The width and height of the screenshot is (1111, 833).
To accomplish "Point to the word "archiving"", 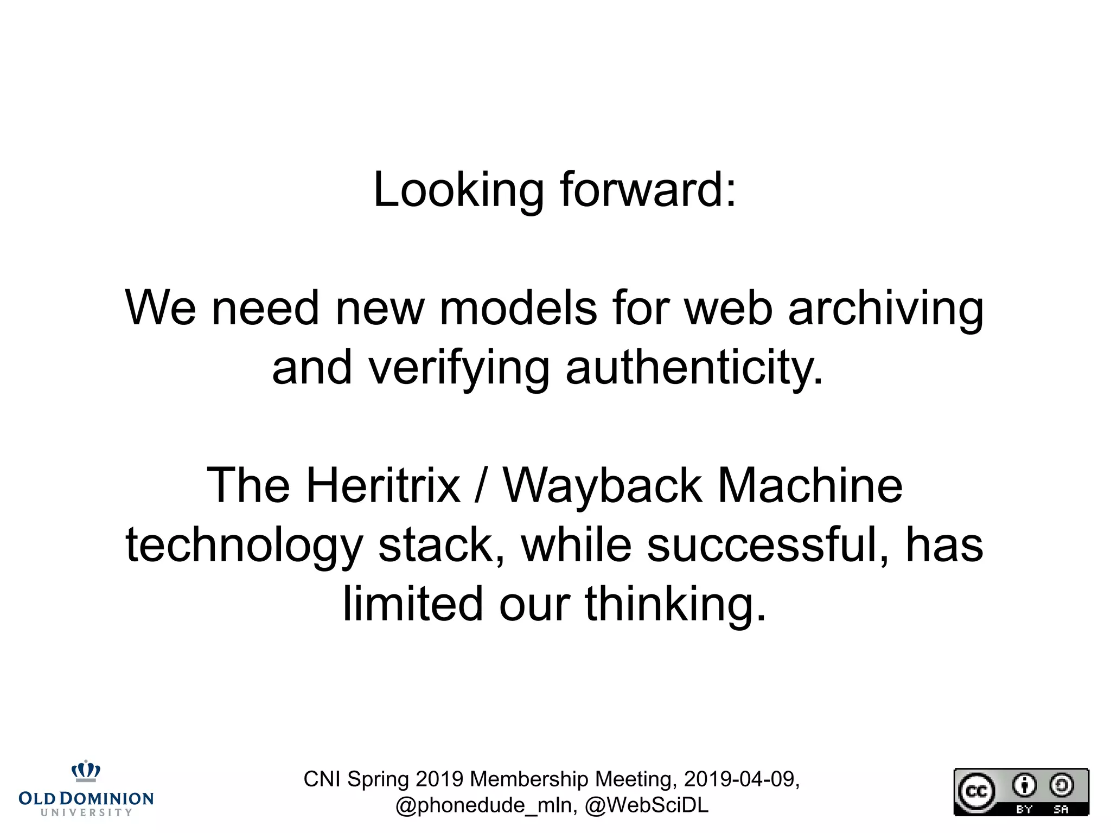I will point(885,309).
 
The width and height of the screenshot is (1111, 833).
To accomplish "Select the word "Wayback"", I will point(602,486).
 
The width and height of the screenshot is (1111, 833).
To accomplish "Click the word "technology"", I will point(244,546).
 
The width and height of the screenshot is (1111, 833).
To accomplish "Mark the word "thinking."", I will point(675,604).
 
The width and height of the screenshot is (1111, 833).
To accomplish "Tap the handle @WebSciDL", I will point(647,805).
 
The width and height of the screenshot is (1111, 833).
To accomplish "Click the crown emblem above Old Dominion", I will point(86,771).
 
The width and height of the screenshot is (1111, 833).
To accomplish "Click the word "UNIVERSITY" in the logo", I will point(86,812).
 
